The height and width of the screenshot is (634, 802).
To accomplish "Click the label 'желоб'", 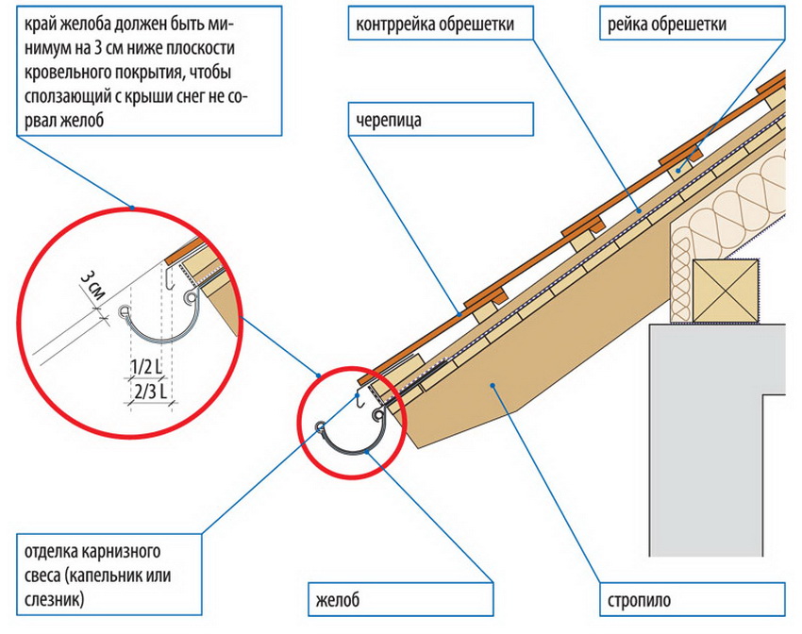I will click(x=338, y=598).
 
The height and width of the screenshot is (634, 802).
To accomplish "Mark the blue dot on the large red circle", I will click(x=133, y=207).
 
